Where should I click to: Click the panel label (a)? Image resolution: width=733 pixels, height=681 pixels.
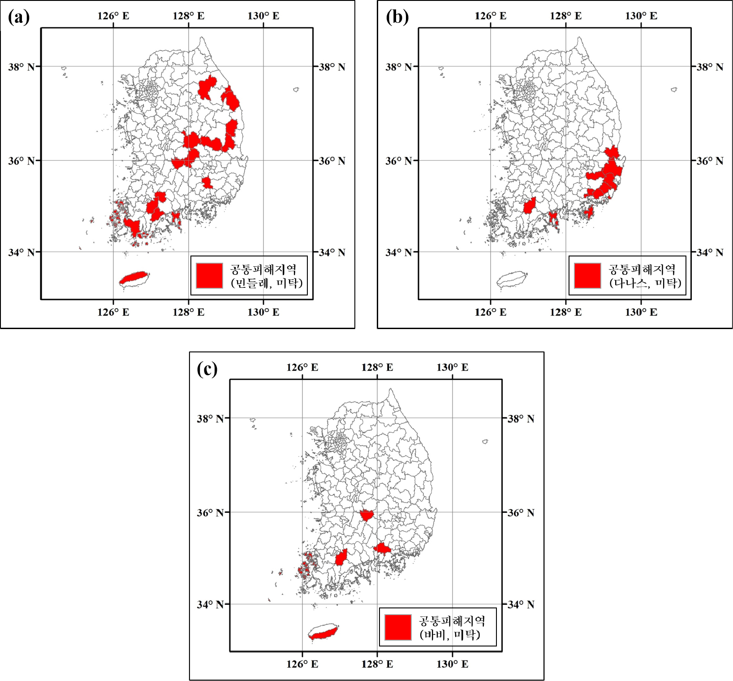tap(19, 17)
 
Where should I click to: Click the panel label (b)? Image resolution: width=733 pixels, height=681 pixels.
tap(397, 17)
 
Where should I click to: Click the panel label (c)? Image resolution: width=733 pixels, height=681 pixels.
tap(207, 369)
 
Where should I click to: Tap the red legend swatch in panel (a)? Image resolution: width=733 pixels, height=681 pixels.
tap(209, 275)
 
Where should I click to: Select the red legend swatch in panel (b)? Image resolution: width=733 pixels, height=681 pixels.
tap(587, 275)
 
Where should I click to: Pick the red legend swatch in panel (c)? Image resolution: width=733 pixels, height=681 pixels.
tap(398, 627)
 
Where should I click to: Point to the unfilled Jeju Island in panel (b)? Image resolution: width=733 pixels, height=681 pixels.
tap(512, 279)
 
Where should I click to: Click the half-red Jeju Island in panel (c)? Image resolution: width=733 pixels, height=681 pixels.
tap(323, 632)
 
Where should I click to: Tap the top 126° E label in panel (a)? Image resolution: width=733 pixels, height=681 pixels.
tap(113, 16)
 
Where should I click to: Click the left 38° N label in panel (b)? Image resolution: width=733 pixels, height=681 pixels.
tap(398, 67)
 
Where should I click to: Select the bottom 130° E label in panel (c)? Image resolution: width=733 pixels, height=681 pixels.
tap(453, 664)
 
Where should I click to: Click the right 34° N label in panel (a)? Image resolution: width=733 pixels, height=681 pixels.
tap(332, 252)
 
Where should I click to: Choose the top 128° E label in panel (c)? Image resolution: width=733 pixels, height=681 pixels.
tap(377, 368)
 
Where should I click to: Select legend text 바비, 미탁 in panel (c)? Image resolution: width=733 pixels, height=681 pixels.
tap(450, 635)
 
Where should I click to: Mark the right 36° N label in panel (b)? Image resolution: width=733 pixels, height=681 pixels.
tap(710, 161)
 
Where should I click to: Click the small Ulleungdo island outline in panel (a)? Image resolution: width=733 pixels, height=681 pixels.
tap(296, 90)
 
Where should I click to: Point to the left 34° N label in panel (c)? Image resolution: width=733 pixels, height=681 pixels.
tap(210, 604)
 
